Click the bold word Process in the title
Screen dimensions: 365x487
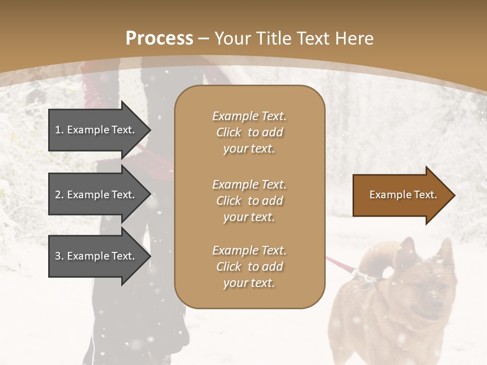tap(159, 39)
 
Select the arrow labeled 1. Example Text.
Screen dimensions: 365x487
tap(96, 130)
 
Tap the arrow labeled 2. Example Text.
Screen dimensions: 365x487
tap(96, 195)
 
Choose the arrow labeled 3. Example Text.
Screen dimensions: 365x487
tap(96, 256)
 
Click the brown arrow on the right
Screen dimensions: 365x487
tap(401, 195)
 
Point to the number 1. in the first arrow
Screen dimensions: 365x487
tap(59, 130)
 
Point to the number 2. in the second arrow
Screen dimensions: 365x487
tap(59, 195)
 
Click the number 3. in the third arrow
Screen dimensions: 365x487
tap(59, 256)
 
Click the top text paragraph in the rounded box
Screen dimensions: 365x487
tap(249, 132)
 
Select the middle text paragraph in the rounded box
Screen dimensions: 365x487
tap(249, 201)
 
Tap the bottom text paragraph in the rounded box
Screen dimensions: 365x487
tap(249, 267)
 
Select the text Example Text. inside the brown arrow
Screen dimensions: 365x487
tap(403, 195)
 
